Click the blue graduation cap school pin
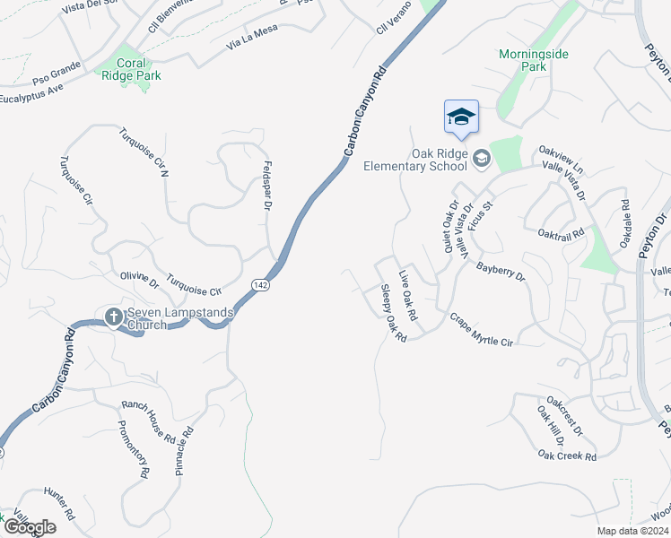click(x=461, y=117)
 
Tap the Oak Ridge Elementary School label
click(x=415, y=160)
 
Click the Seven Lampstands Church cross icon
click(x=114, y=316)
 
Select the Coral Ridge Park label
click(x=139, y=70)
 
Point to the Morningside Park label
click(x=534, y=60)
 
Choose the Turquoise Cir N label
click(x=144, y=151)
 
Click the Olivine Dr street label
click(x=139, y=281)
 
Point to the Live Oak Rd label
click(x=408, y=295)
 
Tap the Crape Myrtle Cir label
click(x=481, y=330)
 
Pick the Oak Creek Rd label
click(x=567, y=456)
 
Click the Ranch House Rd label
click(x=148, y=421)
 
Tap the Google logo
click(x=30, y=527)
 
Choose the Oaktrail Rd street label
click(x=561, y=231)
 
